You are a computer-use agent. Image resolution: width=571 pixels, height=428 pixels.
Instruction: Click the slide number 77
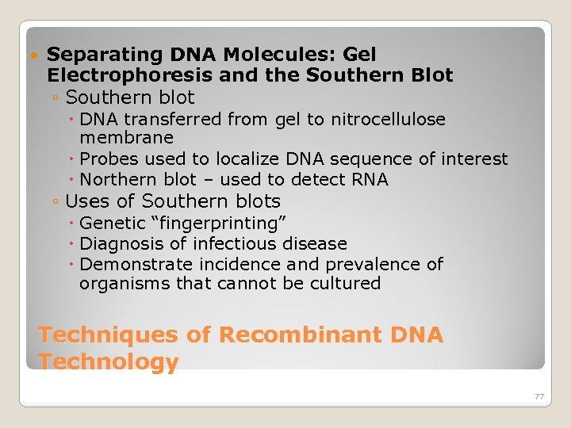pyautogui.click(x=539, y=396)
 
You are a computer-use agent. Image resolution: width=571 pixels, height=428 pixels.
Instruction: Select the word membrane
pyautogui.click(x=126, y=139)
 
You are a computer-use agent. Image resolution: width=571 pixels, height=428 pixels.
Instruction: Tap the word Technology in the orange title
pyautogui.click(x=109, y=362)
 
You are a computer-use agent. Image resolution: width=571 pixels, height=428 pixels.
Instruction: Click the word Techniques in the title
pyautogui.click(x=109, y=334)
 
